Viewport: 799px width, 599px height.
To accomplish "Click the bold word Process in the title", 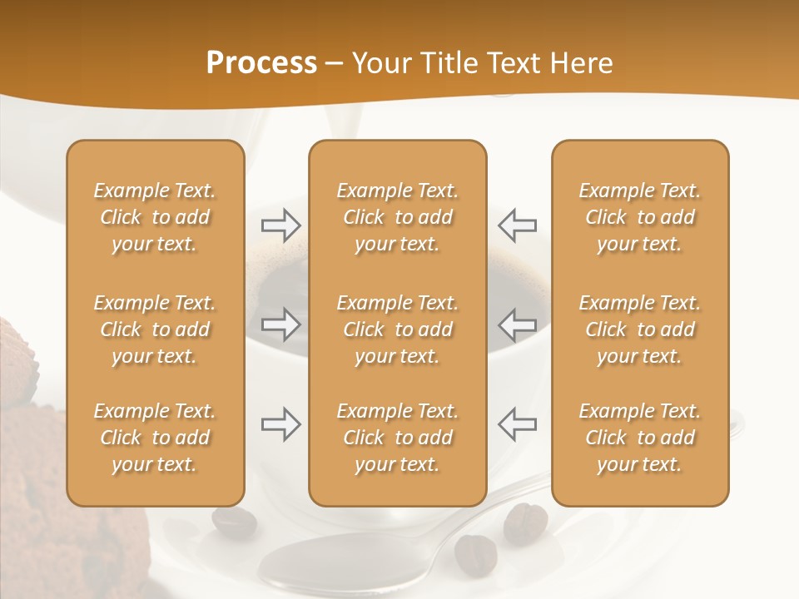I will (261, 63).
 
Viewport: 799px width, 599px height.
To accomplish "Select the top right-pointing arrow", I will (281, 225).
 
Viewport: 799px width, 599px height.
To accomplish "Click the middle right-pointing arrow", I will (281, 324).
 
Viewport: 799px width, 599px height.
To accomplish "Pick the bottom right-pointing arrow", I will (281, 424).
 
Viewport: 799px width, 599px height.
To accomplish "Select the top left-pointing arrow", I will (517, 225).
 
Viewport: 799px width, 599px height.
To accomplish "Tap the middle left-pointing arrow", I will (517, 324).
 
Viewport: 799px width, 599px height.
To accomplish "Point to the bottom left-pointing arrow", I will (517, 424).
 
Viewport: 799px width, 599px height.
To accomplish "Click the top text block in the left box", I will (155, 217).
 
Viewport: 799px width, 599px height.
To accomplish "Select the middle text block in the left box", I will (155, 329).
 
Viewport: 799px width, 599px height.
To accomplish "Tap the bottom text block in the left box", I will (155, 438).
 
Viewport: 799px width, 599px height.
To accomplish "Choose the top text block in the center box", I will (397, 217).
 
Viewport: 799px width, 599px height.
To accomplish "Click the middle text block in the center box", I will (397, 329).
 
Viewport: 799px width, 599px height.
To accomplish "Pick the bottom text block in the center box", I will (397, 438).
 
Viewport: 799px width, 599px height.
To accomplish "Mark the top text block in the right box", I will (639, 217).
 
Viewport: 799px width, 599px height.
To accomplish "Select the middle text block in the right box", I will (639, 329).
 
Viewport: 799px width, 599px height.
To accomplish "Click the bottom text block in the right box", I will (639, 438).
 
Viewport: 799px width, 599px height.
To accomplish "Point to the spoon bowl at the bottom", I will (350, 562).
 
